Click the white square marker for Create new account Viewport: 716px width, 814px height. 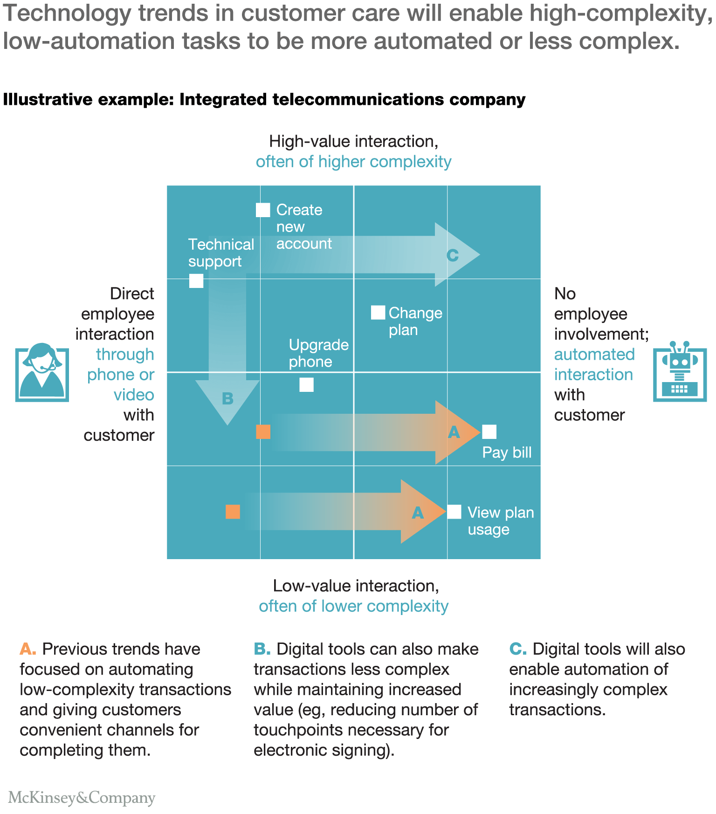pos(263,210)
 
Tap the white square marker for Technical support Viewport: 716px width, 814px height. pos(196,281)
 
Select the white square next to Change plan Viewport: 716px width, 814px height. pos(378,313)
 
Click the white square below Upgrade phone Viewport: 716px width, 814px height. pos(306,385)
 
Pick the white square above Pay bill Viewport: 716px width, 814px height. pos(489,432)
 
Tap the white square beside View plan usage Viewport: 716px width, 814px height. pos(454,512)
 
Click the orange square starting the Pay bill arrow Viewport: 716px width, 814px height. pos(263,432)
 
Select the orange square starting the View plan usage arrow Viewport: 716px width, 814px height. pos(233,512)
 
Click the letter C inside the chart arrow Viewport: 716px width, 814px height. pos(453,255)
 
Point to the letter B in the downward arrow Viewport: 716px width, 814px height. pos(227,399)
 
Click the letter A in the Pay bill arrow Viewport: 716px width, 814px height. pos(454,432)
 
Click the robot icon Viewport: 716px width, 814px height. pos(680,371)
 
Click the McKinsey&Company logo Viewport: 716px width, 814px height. pos(82,798)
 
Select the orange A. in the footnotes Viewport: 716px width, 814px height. pos(28,649)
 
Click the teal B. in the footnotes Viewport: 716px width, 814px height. pos(262,649)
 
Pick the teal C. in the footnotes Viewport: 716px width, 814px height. pos(518,649)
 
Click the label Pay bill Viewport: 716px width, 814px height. pos(507,452)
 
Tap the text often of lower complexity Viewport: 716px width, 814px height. pos(353,606)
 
